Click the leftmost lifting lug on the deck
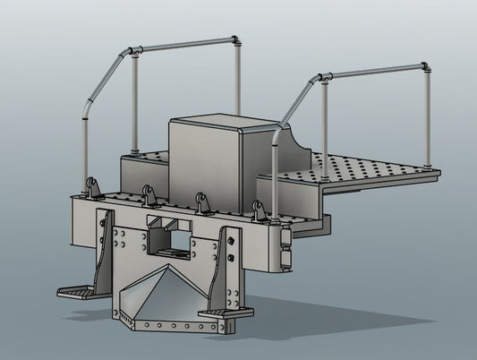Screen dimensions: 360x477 [92, 188]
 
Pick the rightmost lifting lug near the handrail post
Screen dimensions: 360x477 [260, 211]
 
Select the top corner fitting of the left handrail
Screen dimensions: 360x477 [236, 40]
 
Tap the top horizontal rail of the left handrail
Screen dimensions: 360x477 [183, 46]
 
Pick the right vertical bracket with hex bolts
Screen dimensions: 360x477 [231, 269]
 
